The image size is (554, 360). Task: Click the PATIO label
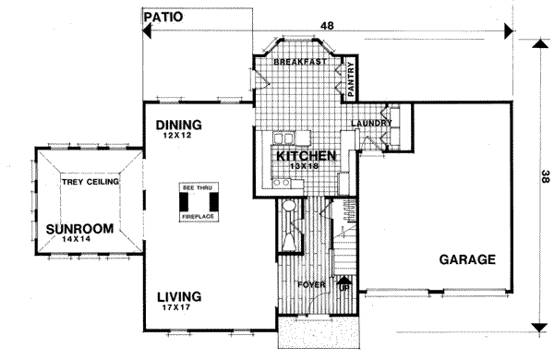[164, 17]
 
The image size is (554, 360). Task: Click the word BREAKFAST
[303, 61]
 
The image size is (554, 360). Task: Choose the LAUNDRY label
[372, 123]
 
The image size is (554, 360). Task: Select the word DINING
[178, 124]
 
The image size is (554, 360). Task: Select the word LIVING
[179, 295]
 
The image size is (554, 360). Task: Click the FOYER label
[310, 285]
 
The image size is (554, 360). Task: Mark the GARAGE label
[467, 259]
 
